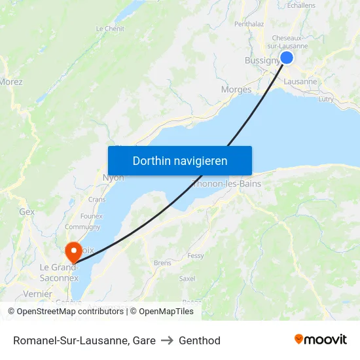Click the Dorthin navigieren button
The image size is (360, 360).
click(x=180, y=160)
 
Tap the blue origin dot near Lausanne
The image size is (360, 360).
click(x=286, y=58)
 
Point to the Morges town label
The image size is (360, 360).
click(x=236, y=90)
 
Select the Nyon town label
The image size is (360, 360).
click(x=113, y=177)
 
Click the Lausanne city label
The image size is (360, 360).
click(x=300, y=82)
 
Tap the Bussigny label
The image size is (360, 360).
click(x=262, y=60)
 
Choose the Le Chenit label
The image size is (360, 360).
click(x=110, y=29)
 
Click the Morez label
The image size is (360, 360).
click(x=11, y=82)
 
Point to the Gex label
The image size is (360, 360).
click(x=27, y=212)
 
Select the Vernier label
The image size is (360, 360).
click(x=37, y=294)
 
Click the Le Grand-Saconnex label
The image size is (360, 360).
click(x=59, y=272)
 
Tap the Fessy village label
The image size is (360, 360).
click(x=196, y=256)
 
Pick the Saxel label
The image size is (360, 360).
click(x=187, y=278)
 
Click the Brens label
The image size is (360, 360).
click(x=162, y=263)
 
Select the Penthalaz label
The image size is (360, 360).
click(x=249, y=24)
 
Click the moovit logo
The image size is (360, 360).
click(x=321, y=339)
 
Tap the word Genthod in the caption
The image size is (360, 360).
click(x=200, y=340)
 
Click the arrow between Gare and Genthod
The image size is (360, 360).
click(x=167, y=340)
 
